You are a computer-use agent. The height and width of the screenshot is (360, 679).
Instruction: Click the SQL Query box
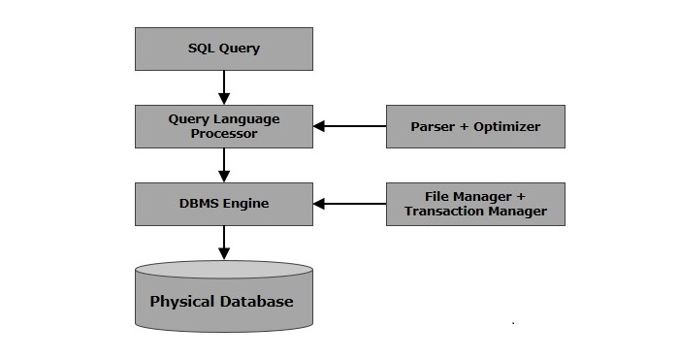click(223, 49)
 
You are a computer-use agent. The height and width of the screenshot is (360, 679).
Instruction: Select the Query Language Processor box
click(223, 126)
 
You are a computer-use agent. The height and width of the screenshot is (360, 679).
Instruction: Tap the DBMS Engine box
click(223, 204)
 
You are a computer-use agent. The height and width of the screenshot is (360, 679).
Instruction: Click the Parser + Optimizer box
click(475, 126)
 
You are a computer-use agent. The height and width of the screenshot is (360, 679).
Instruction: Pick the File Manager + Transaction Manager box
click(475, 204)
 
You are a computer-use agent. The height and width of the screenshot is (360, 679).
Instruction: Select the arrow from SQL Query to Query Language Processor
click(224, 87)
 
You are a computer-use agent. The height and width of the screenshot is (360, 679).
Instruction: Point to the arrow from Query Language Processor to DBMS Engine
click(224, 165)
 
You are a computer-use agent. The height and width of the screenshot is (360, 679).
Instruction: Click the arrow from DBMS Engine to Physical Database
click(224, 243)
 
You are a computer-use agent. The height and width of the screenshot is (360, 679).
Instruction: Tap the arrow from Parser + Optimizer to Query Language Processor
click(349, 126)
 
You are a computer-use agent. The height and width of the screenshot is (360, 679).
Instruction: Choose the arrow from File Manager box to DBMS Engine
click(349, 204)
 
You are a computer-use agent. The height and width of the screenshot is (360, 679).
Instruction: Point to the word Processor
click(223, 134)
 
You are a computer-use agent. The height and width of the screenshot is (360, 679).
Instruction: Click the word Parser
click(432, 127)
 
